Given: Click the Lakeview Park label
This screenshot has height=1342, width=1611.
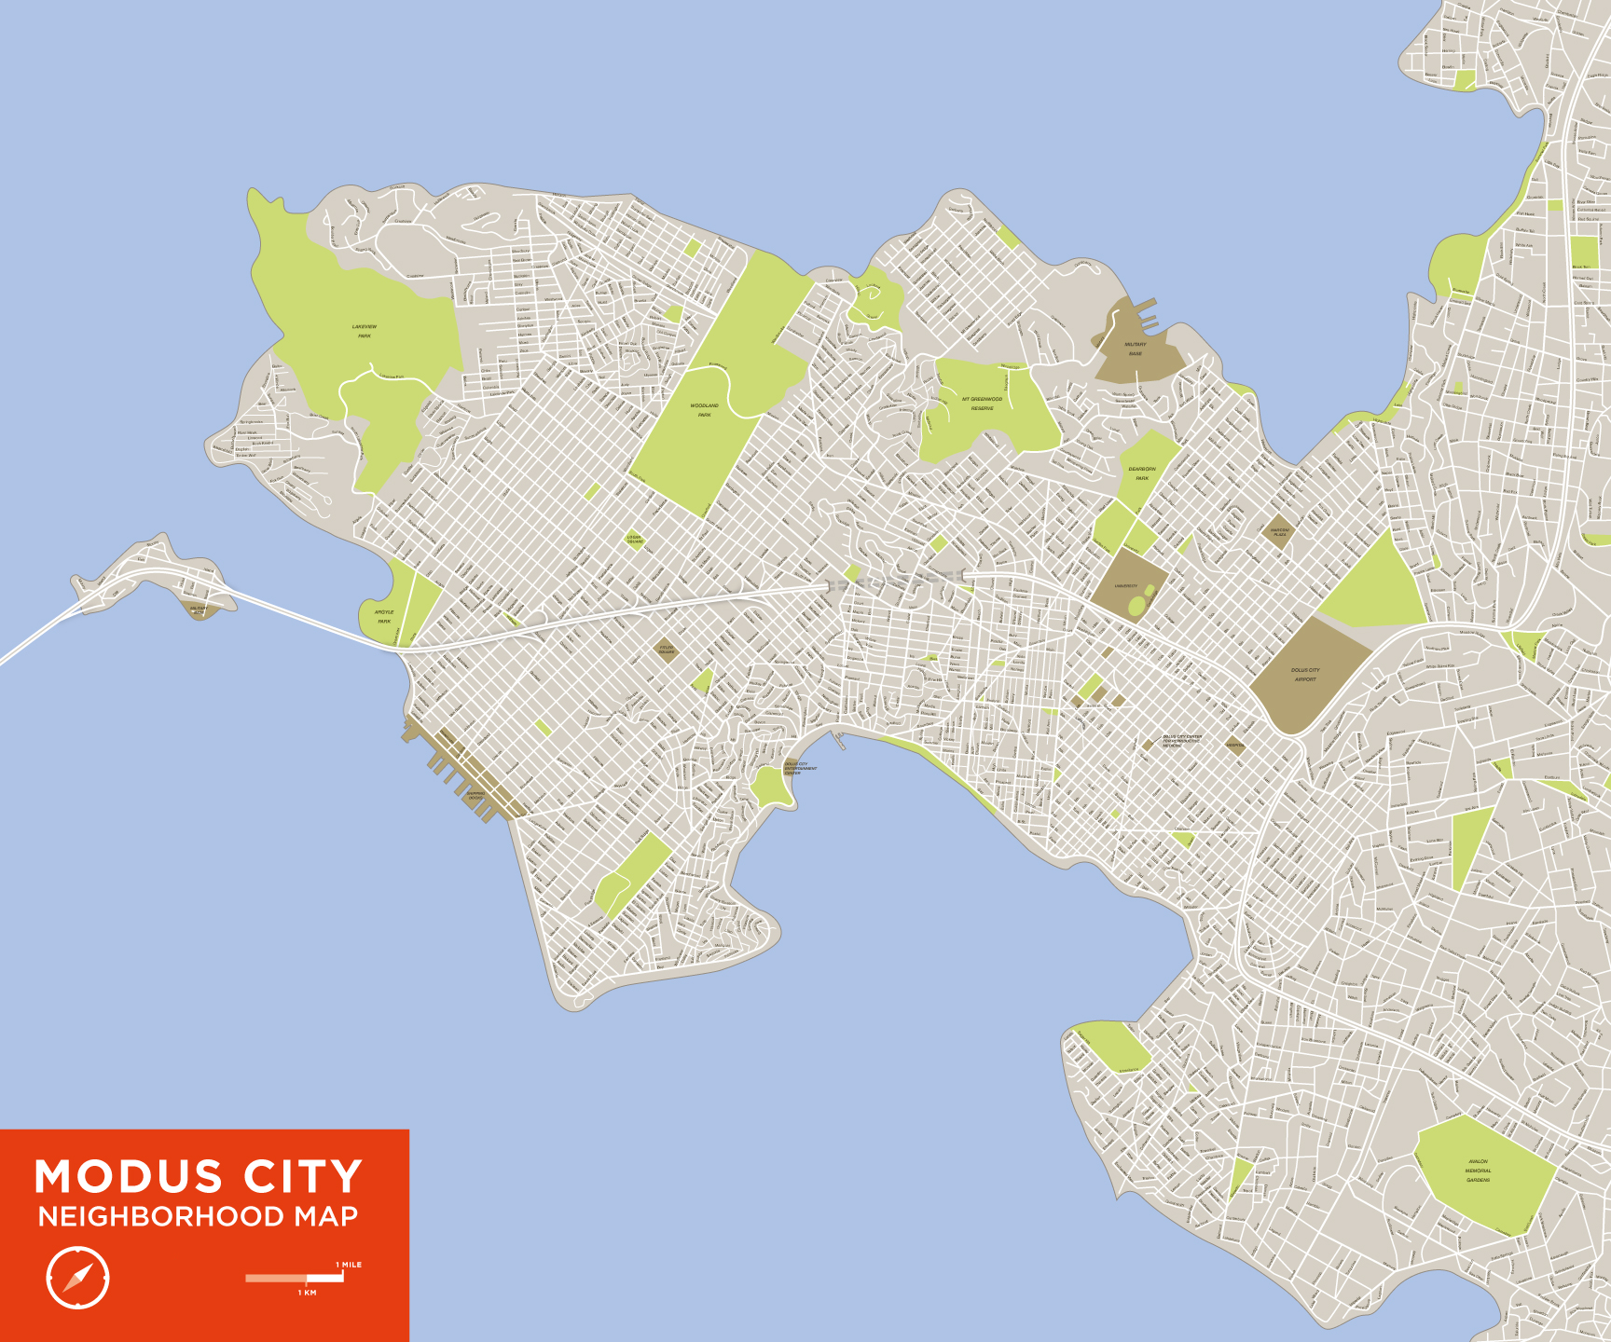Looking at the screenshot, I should [x=365, y=331].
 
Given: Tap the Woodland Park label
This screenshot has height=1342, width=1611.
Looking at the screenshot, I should [x=704, y=410].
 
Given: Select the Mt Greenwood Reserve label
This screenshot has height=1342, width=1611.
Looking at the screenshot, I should [x=982, y=404].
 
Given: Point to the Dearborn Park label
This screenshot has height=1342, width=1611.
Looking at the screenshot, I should [x=1142, y=473].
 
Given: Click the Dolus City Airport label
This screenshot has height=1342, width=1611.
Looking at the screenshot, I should [x=1305, y=674].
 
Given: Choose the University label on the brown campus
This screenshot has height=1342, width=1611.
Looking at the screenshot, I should [x=1126, y=586].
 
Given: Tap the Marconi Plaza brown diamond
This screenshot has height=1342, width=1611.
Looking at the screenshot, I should [x=1279, y=532].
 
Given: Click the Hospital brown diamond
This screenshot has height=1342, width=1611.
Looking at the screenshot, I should [x=1234, y=745].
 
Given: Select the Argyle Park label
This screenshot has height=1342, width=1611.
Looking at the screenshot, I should [x=384, y=616].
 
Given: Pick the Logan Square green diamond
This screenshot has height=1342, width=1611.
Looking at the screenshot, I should [x=634, y=539].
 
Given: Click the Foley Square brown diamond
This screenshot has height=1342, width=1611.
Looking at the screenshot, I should [x=666, y=650].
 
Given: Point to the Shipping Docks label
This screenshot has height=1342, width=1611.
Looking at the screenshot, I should [x=475, y=796].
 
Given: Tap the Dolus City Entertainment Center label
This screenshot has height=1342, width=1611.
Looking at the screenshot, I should [x=799, y=768].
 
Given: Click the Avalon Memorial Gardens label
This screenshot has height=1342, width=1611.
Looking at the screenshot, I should [x=1478, y=1171].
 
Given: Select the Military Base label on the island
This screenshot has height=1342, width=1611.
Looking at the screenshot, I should [x=199, y=610].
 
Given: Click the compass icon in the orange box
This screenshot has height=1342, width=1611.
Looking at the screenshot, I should [x=77, y=1277].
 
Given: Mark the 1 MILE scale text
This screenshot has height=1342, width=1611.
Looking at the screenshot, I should [x=350, y=1265].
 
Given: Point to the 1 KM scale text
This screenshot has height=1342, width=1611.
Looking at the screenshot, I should [x=308, y=1293].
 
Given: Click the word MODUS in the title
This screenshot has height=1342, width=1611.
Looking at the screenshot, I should [x=129, y=1177].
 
